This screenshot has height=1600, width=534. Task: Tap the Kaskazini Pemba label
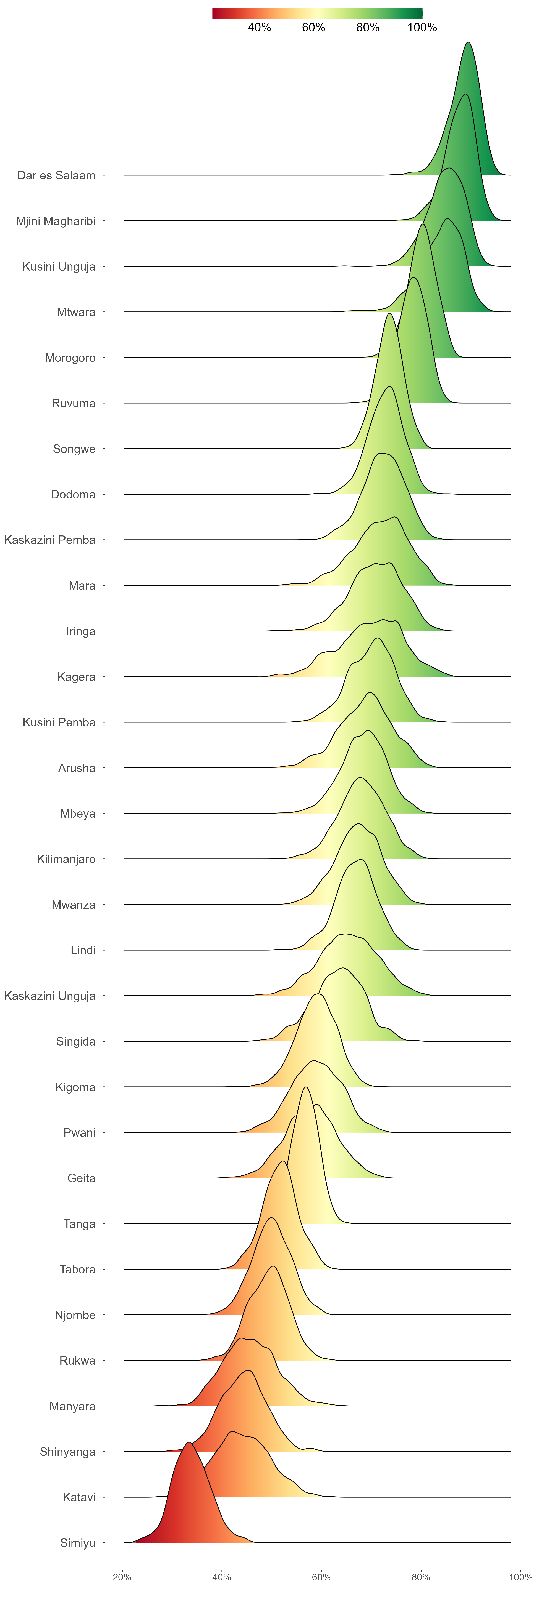(50, 540)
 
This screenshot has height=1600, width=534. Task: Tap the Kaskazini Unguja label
(50, 996)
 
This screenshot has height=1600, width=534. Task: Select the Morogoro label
(70, 358)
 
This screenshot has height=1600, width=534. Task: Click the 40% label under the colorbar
(259, 27)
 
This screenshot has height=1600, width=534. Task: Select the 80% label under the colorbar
(368, 27)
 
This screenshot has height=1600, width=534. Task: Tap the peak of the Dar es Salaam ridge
(468, 43)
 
